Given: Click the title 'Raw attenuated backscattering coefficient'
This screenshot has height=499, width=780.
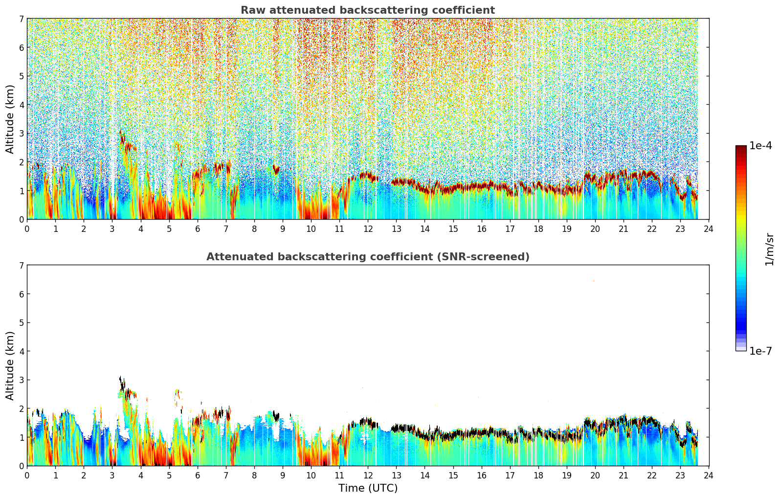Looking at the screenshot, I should (x=368, y=10).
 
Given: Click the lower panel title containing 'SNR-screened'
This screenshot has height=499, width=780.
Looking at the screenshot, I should (x=368, y=257).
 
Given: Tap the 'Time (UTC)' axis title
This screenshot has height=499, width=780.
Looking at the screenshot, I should (x=368, y=488).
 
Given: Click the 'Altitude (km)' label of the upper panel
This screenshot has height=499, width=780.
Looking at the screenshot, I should (x=10, y=119).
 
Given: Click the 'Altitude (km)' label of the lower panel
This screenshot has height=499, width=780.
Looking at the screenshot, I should (x=10, y=365).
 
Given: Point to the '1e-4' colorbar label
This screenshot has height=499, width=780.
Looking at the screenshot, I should (x=761, y=146).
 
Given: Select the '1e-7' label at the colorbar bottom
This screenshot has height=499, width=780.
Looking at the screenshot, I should (x=761, y=351).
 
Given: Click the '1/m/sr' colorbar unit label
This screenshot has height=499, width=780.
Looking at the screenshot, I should (x=770, y=249).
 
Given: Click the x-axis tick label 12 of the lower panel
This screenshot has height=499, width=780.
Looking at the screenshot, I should (x=368, y=476).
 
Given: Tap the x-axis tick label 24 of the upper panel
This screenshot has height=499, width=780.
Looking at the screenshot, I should (x=709, y=229).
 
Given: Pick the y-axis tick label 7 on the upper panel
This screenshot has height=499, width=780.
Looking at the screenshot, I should (x=21, y=19).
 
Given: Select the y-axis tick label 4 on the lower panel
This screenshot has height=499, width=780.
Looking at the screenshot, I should (x=21, y=351).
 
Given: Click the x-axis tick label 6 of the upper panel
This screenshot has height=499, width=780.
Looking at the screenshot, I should (x=198, y=229).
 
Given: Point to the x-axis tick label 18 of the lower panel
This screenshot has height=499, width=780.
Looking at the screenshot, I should (x=538, y=476).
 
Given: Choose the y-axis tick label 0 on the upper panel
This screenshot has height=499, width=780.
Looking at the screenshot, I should (x=21, y=220).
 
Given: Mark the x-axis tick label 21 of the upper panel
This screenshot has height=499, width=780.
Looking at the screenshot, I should (x=624, y=229).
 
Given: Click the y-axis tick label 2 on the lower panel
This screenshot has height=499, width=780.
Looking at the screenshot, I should (x=21, y=408).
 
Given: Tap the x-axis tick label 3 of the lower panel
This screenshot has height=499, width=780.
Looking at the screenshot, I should (x=112, y=476).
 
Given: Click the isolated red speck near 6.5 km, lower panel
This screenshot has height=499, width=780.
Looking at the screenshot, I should (x=594, y=281).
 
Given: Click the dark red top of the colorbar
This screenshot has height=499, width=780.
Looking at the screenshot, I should (x=741, y=148).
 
